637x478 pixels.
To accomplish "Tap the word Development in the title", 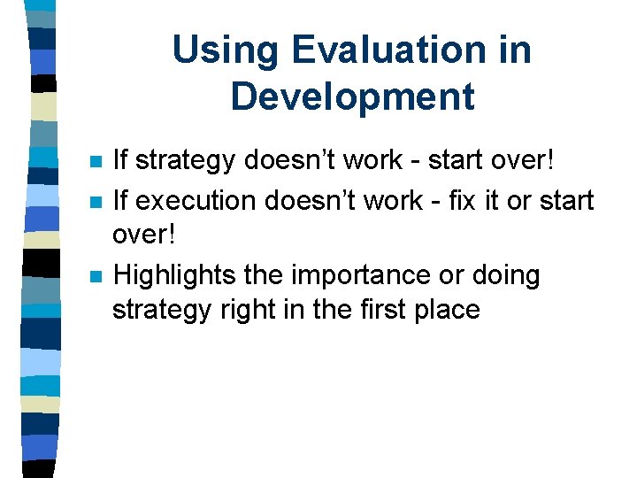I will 352,96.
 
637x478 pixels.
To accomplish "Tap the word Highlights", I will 173,275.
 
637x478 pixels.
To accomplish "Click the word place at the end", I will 448,311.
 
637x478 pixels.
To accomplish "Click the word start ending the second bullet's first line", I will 563,201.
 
